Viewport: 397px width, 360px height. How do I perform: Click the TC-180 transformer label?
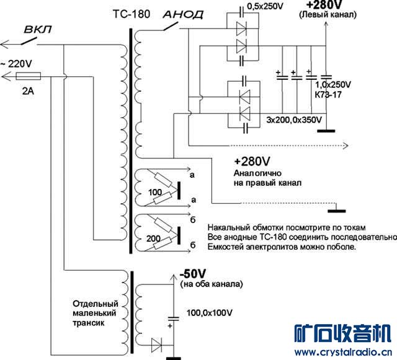132,14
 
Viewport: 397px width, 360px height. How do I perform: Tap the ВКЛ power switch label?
38,29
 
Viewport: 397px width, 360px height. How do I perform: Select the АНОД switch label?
184,14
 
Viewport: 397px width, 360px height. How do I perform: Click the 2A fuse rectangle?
28,76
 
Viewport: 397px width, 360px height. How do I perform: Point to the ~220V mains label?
17,63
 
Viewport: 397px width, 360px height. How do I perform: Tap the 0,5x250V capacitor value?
265,6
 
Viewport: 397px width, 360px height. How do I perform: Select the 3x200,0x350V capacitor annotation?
294,120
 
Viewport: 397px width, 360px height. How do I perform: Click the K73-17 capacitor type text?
328,95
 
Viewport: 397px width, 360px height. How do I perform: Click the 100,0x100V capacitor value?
210,313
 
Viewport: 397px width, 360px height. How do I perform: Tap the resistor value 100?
155,192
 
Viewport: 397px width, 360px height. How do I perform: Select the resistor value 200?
153,239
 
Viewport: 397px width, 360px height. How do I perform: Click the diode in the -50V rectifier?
156,345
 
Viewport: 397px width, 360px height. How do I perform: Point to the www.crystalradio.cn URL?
343,352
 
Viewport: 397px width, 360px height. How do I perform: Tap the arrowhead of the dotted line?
346,146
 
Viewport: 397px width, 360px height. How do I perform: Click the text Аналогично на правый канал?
267,178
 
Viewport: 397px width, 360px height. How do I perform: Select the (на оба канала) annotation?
212,284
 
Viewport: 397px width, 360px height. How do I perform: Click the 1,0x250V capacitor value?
333,84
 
